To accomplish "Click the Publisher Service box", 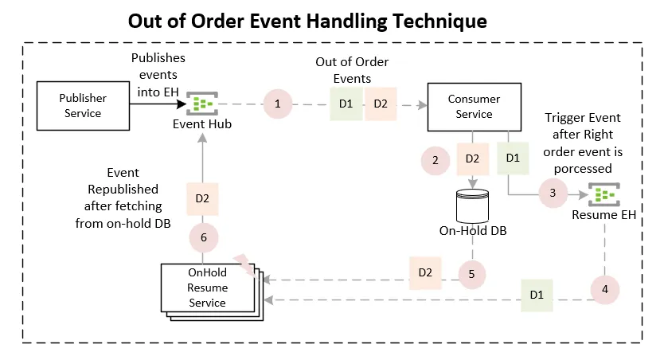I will [x=82, y=105].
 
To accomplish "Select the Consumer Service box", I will [x=475, y=107].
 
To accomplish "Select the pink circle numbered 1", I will [x=278, y=104].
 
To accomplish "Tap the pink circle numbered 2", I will [x=435, y=160].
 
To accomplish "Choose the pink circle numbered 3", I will [x=552, y=192].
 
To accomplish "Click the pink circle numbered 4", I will [x=605, y=288].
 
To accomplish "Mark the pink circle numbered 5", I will [x=472, y=273].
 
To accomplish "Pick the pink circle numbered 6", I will [x=202, y=237].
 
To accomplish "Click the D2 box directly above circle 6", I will [x=202, y=198].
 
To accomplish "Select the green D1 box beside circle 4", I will [x=537, y=295].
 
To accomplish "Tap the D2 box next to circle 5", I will [x=425, y=272].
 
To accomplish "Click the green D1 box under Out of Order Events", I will [x=346, y=104].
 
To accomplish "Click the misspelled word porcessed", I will [x=583, y=168].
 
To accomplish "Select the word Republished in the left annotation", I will [x=124, y=190].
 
